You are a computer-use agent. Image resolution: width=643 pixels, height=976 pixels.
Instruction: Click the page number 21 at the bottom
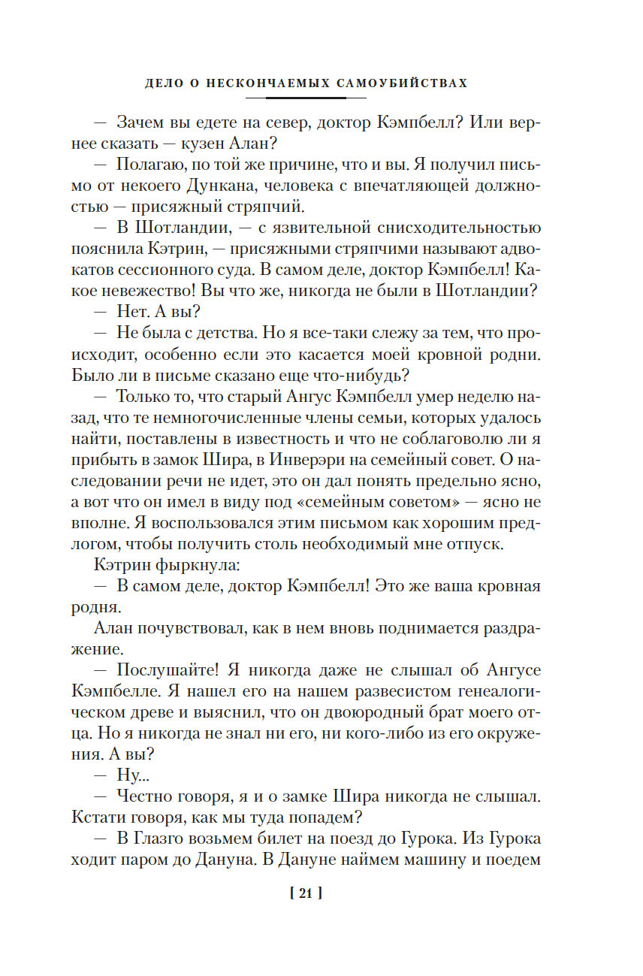tap(306, 893)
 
